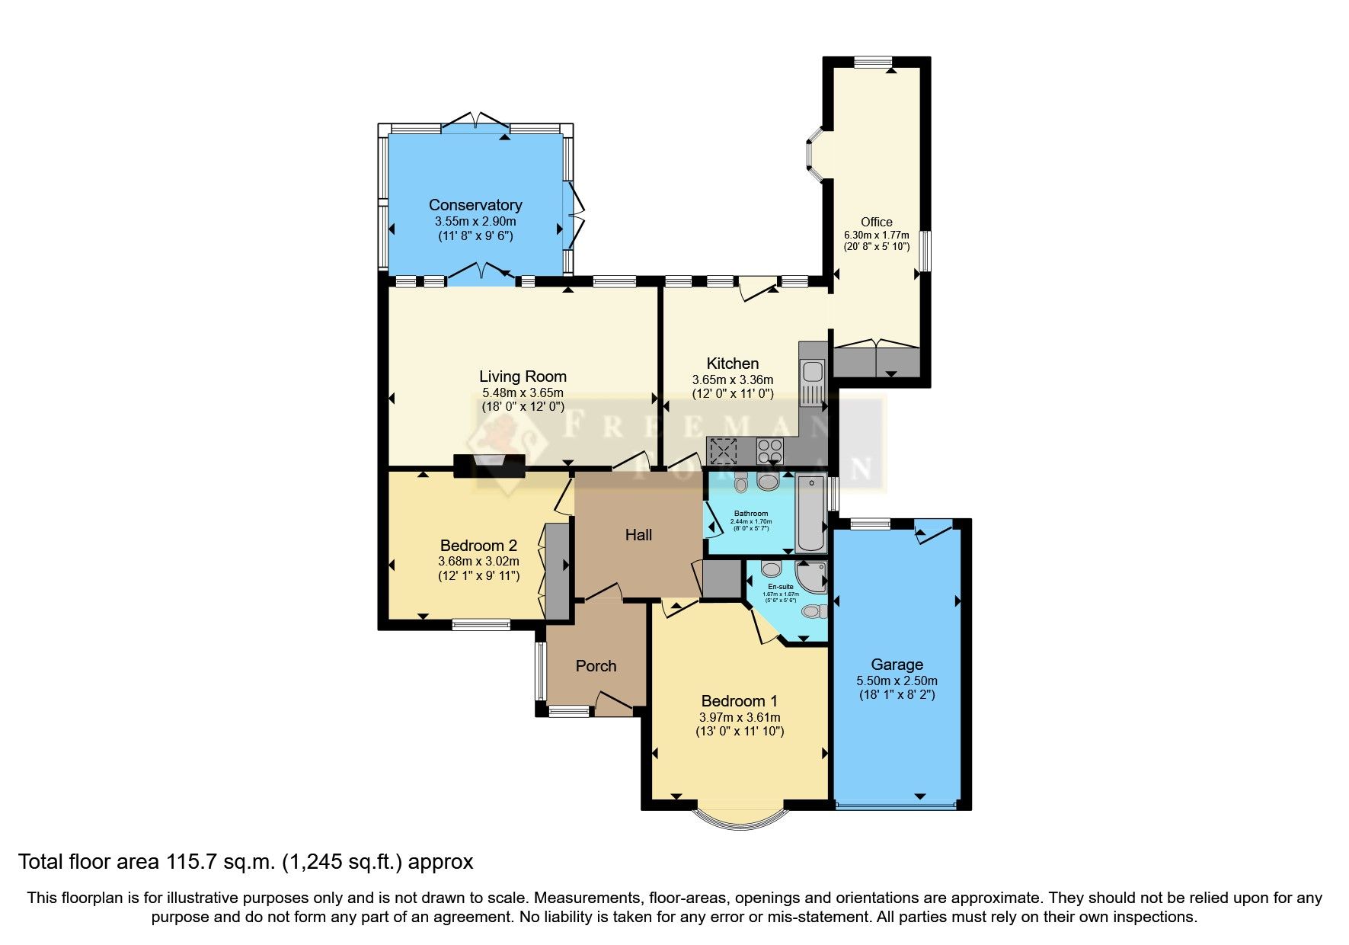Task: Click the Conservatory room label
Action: pos(475,205)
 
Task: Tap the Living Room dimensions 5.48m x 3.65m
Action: pos(523,392)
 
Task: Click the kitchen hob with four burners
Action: pos(770,451)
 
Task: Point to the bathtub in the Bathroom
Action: pos(810,512)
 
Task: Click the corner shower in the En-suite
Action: pos(812,575)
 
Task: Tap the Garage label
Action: pos(897,665)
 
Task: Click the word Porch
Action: pos(596,666)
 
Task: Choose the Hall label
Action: pos(638,535)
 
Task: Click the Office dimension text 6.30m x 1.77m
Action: pos(877,235)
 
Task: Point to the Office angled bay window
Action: pos(814,155)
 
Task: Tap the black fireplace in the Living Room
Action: pos(489,466)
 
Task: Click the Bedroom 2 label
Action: pos(478,546)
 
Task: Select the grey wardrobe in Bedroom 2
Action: pos(558,571)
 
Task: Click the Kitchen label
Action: pos(732,364)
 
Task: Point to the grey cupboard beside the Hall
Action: pos(721,579)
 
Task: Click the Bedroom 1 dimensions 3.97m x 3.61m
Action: pos(739,717)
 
